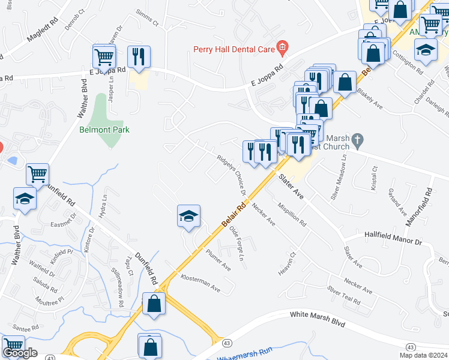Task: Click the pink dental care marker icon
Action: click(283, 47)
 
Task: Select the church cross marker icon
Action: click(357, 141)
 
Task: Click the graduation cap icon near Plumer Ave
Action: click(188, 217)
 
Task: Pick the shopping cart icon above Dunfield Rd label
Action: click(37, 175)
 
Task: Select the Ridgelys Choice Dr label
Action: click(232, 175)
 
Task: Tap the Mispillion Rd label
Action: click(292, 214)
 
